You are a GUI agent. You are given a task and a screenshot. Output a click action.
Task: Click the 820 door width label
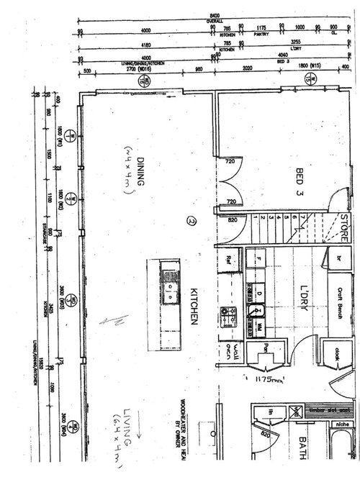pos(231,221)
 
